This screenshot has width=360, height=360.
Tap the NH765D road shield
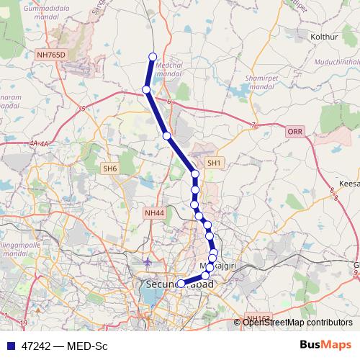(x=52, y=54)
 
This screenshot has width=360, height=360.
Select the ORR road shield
(x=295, y=132)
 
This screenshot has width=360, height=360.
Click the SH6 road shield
(x=109, y=168)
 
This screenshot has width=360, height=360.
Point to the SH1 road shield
(x=214, y=163)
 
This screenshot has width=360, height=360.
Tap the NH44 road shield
(x=154, y=212)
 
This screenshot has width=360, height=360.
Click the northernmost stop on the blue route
(x=152, y=56)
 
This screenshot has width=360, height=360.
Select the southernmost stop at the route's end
(x=180, y=284)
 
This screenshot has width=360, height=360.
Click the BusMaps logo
(x=325, y=345)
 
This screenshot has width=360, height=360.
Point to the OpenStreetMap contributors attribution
(x=297, y=322)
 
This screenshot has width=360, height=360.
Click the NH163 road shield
(x=256, y=318)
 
